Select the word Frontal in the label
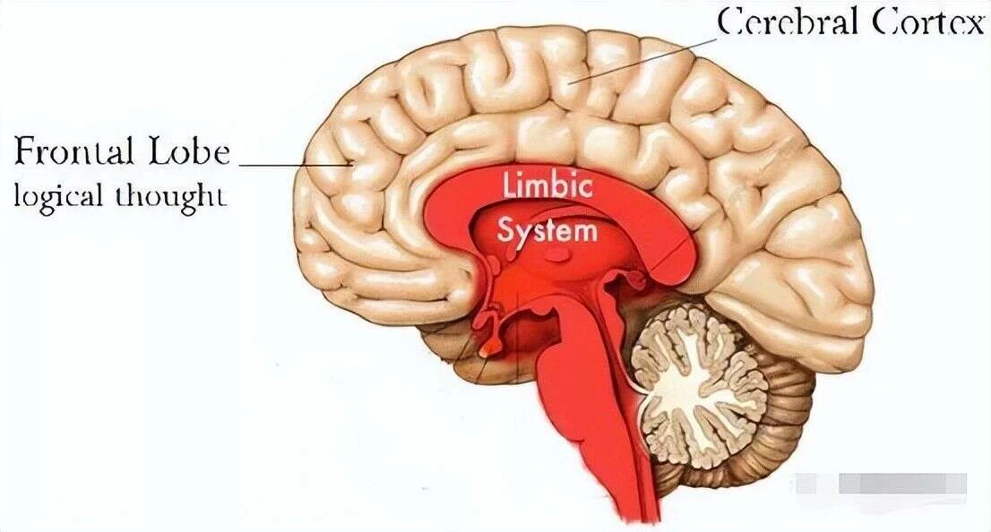(x=74, y=151)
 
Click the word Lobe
(x=190, y=151)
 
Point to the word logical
(x=58, y=195)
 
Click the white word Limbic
(x=548, y=186)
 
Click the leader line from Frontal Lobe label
(x=296, y=165)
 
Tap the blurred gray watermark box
(x=882, y=484)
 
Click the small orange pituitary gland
(x=487, y=348)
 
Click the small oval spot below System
(x=556, y=254)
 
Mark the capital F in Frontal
(x=25, y=151)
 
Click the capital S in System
(x=505, y=230)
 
